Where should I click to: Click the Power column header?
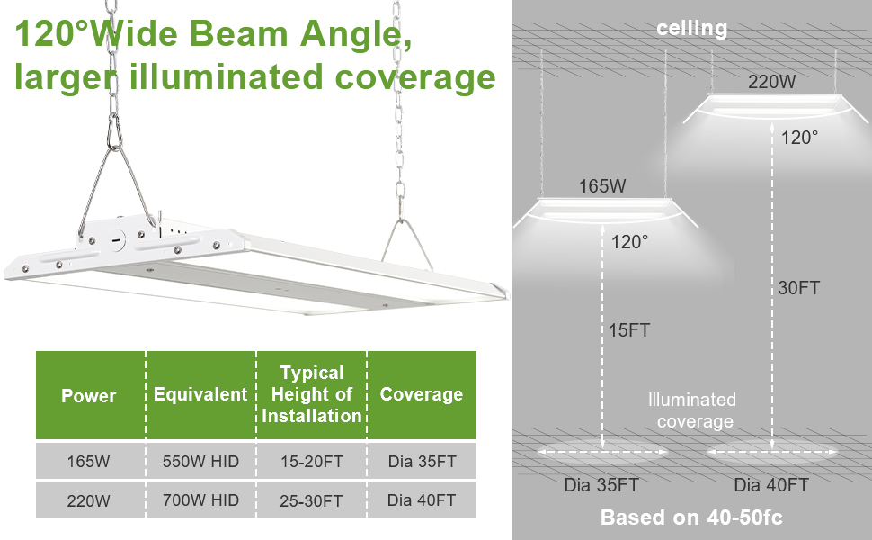[x=89, y=395]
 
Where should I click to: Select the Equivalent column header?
[x=200, y=394]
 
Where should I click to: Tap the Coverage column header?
[x=421, y=394]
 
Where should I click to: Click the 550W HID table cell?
[x=200, y=462]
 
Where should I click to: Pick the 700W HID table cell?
[x=200, y=500]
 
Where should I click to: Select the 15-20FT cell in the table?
[x=311, y=462]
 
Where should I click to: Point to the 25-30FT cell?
[x=311, y=500]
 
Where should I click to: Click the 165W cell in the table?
[x=89, y=462]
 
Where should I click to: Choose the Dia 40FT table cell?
[x=421, y=500]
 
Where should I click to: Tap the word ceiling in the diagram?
[x=691, y=29]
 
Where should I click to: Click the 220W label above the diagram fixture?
[x=772, y=82]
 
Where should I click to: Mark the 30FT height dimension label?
[x=798, y=288]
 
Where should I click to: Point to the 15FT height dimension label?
[x=627, y=330]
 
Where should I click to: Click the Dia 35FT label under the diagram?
[x=601, y=485]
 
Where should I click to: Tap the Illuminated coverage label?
[x=693, y=410]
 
